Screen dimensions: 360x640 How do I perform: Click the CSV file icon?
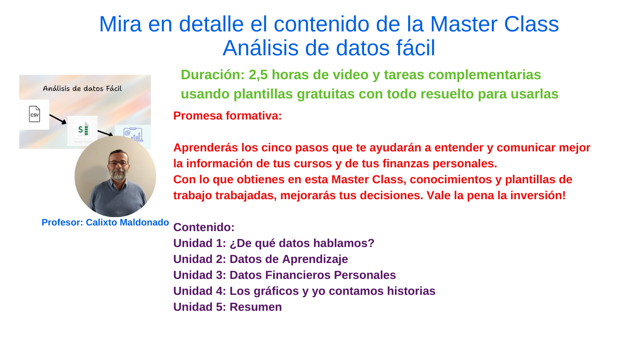[34, 114]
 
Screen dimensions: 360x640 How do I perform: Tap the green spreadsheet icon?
[82, 129]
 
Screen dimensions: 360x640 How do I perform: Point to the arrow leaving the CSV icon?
[58, 119]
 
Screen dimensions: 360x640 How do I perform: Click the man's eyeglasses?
[118, 163]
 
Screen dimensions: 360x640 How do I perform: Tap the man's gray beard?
[118, 175]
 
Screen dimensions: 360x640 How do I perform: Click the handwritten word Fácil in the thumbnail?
[111, 88]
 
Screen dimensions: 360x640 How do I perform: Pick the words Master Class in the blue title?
[494, 24]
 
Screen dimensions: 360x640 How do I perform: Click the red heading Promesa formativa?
[227, 116]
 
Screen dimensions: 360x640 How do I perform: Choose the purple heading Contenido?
[204, 227]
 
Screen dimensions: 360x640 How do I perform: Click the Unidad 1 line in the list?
[274, 243]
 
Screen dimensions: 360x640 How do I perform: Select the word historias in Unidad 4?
[411, 291]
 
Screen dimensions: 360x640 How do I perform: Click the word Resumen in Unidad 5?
[255, 307]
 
